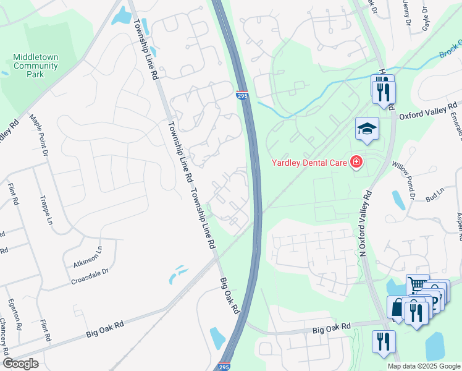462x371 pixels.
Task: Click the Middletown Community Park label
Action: (x=35, y=66)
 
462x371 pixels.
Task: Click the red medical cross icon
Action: (x=356, y=163)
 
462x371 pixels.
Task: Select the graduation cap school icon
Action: (x=367, y=129)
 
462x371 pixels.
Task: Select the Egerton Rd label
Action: (x=14, y=314)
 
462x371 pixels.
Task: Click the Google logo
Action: (x=20, y=364)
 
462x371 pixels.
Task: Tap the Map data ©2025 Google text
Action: (x=423, y=366)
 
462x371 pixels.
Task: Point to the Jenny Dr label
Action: (x=406, y=9)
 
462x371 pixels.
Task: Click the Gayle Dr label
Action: (x=425, y=18)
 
